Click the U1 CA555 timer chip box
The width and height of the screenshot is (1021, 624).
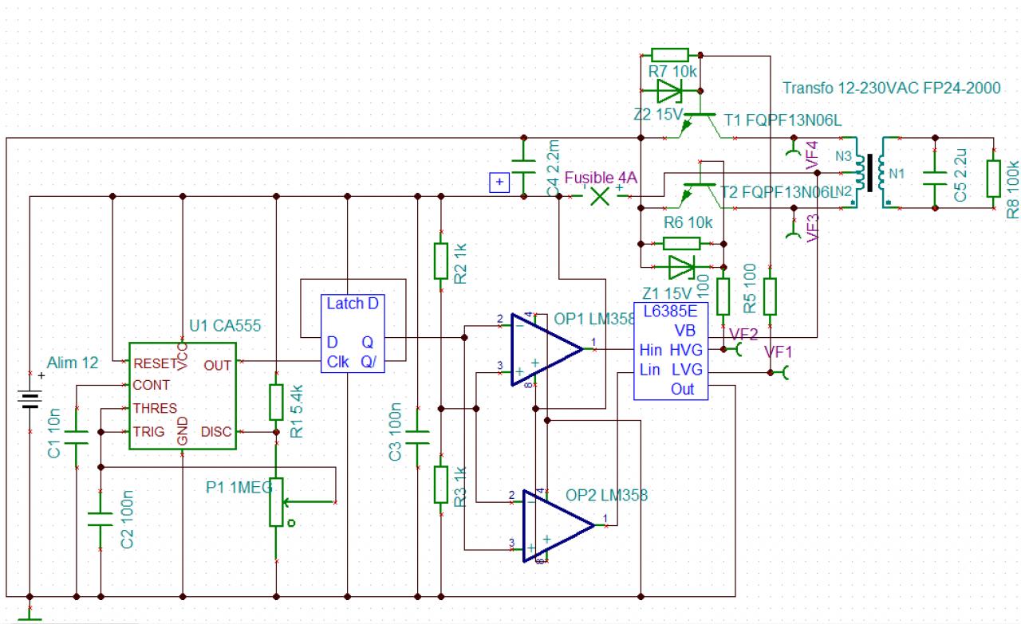tap(183, 396)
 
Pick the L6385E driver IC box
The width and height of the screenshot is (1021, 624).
tap(671, 351)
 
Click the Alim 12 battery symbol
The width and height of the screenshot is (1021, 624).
tap(30, 398)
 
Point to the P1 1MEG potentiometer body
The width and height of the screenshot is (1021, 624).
tap(276, 502)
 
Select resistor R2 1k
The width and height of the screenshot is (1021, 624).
tap(441, 261)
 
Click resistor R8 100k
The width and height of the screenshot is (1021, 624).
tap(993, 179)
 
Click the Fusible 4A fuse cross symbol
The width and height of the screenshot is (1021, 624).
tap(599, 196)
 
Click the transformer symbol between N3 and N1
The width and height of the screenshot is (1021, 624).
tap(869, 175)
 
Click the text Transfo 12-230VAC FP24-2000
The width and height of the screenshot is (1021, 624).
tap(891, 88)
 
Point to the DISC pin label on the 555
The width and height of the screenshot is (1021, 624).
tap(216, 432)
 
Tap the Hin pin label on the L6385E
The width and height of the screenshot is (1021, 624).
tap(651, 350)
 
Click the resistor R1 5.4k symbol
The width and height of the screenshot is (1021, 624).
tap(276, 402)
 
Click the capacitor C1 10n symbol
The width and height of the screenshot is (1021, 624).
tap(76, 436)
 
